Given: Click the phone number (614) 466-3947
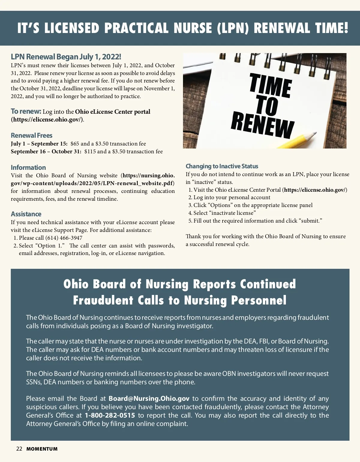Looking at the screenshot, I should (64, 238).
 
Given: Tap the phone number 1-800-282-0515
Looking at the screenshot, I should (110, 415).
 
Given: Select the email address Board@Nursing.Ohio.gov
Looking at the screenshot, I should (149, 399).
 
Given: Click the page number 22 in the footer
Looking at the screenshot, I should (19, 449).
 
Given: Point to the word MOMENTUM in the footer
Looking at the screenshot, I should (42, 449).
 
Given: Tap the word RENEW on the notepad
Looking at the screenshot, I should (262, 126).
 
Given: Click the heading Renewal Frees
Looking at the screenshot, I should (31, 136).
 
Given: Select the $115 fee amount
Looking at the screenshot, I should (90, 151).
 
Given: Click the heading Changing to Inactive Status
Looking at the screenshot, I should (222, 166).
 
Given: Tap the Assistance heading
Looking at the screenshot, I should (26, 214).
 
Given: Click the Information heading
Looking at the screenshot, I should (28, 168).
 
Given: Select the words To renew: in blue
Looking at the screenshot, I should (26, 112).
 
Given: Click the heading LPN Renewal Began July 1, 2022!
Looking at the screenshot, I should (66, 57).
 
